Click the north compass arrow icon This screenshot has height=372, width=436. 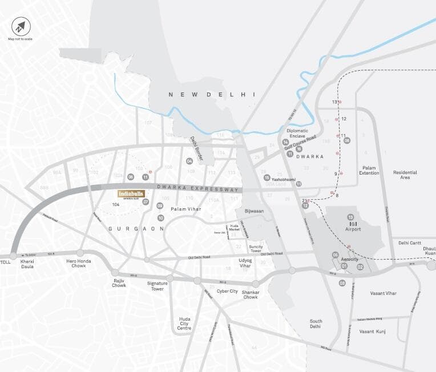(x=21, y=26)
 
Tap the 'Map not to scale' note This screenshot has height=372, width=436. (x=20, y=39)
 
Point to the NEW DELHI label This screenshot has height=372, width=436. (x=211, y=95)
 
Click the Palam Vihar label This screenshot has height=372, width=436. (x=186, y=209)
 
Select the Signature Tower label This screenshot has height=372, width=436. (x=158, y=286)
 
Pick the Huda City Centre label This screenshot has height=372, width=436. (x=184, y=323)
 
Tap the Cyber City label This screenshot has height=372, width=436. (x=227, y=291)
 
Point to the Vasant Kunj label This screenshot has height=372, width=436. (x=372, y=331)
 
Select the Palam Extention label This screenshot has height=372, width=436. (x=370, y=171)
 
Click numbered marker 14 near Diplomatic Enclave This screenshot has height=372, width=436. (x=285, y=142)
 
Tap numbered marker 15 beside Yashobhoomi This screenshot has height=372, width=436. (x=267, y=178)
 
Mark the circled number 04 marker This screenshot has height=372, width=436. (x=189, y=161)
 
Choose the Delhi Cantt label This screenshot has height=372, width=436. (x=409, y=242)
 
